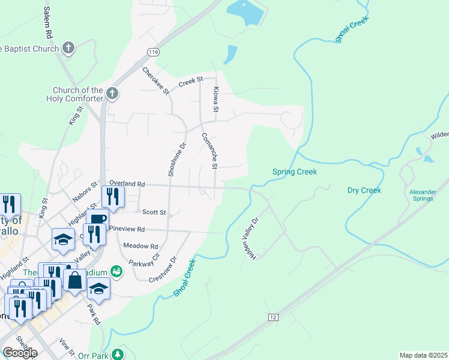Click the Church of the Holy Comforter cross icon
(112, 93)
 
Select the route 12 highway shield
(274, 316)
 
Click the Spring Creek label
(295, 172)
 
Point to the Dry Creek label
(364, 191)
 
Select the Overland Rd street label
(127, 184)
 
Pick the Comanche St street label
(209, 151)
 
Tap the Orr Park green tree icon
(119, 354)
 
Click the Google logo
(20, 353)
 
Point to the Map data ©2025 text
(423, 355)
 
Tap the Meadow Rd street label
(140, 246)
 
